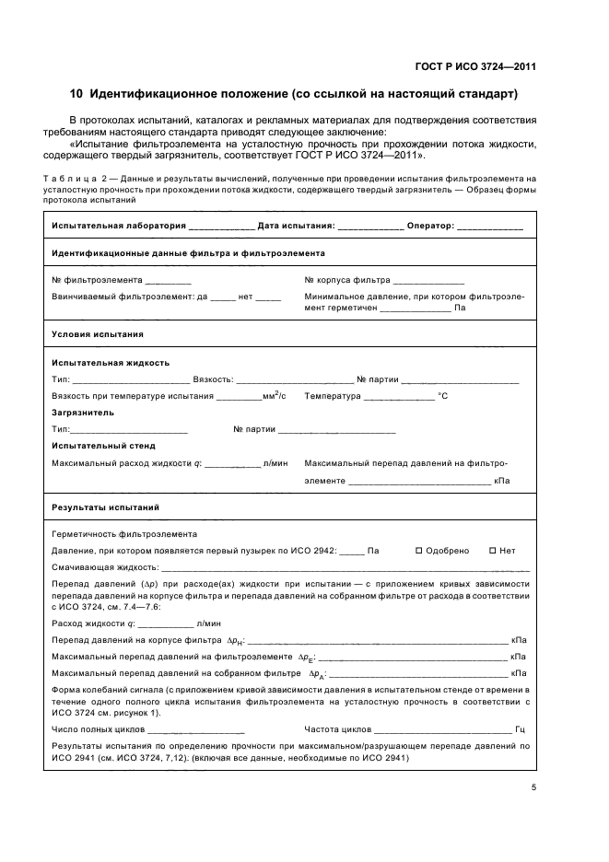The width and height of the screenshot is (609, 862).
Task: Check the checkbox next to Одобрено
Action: point(418,551)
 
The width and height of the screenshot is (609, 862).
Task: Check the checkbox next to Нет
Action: point(492,551)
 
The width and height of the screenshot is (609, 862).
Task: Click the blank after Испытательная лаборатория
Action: point(221,227)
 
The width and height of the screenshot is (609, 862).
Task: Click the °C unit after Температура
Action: point(442,396)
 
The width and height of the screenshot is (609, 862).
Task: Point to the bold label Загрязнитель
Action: point(83,413)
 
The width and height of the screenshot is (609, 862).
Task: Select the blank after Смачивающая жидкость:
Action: point(345,568)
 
